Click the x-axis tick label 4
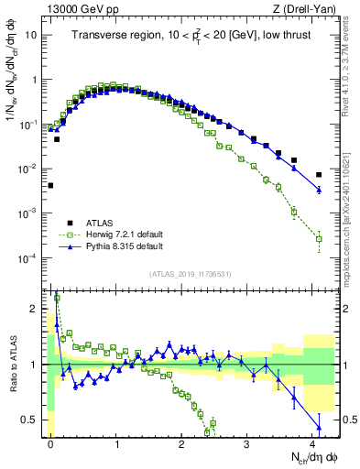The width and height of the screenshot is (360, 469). click(312, 443)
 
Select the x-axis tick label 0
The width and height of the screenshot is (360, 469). click(50, 443)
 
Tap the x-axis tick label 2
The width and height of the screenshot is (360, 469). click(181, 443)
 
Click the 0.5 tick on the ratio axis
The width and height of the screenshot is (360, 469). click(32, 420)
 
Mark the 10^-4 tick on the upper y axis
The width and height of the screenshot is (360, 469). click(27, 258)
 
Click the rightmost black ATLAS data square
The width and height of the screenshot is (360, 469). click(319, 175)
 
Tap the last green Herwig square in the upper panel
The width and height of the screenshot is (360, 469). click(319, 239)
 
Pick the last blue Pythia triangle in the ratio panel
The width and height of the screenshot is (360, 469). click(319, 427)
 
